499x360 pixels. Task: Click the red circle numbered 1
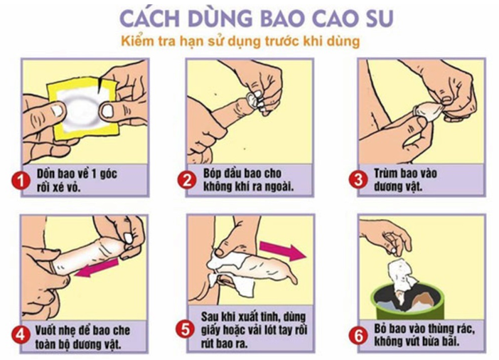[21, 181]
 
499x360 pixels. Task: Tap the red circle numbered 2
[187, 181]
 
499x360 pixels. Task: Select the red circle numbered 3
[358, 180]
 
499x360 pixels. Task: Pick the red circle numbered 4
[21, 335]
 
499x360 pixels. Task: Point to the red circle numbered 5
[186, 329]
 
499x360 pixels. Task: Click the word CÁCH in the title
[150, 18]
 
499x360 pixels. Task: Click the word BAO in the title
[281, 18]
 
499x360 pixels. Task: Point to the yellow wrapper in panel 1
[82, 109]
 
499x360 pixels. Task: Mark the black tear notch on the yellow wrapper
[100, 85]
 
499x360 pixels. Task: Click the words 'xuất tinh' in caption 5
[257, 317]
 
